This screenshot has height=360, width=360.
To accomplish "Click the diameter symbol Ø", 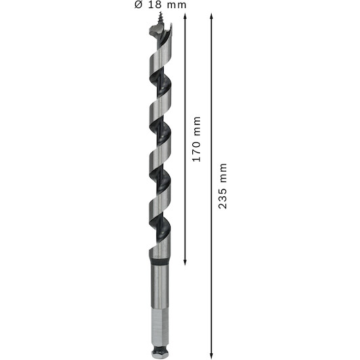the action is click(139, 5).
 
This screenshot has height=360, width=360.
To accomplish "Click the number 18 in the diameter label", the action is click(154, 5).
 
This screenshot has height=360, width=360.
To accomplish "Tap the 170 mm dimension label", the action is click(196, 139).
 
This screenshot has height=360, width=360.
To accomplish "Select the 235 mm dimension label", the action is click(222, 186).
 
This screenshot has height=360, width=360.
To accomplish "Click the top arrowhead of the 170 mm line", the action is click(185, 16).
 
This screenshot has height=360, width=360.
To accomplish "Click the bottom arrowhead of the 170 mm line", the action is click(185, 263).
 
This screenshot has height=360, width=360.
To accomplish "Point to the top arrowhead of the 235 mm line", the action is click(211, 16).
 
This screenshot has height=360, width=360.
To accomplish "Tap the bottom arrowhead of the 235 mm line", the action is click(211, 356).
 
